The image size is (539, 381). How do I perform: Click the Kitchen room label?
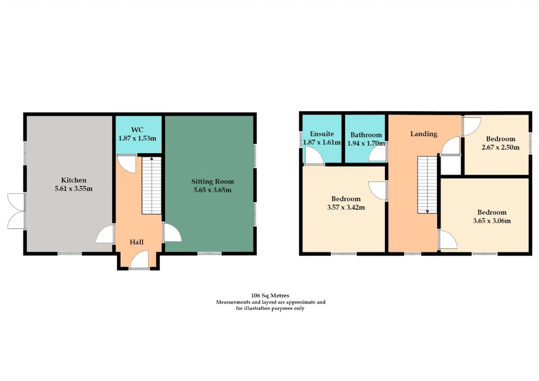(x=74, y=180)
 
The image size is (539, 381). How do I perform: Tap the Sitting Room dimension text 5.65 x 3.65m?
(x=213, y=190)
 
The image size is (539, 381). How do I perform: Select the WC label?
(x=137, y=130)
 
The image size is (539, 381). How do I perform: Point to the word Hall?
(x=137, y=242)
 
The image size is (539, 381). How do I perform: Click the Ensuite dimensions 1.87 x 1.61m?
(x=322, y=142)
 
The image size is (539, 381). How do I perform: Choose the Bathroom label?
(x=366, y=135)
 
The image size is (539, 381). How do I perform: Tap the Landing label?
(x=424, y=134)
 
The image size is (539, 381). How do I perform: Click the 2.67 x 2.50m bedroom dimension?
(x=501, y=147)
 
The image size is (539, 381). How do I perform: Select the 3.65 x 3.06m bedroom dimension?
(x=492, y=221)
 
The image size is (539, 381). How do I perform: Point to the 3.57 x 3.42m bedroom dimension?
(x=346, y=207)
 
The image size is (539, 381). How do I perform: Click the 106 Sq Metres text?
(x=270, y=296)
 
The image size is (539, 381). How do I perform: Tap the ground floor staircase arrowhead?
(x=152, y=159)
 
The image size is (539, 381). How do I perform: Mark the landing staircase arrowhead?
(x=427, y=212)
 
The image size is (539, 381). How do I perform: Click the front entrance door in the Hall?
(x=139, y=260)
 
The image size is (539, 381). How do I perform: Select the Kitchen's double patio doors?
(x=16, y=211)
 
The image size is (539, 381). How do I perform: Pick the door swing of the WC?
(x=127, y=164)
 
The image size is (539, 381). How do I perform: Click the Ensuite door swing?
(x=314, y=156)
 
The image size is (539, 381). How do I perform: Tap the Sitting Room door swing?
(x=172, y=232)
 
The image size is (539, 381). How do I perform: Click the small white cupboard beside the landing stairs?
(x=451, y=165)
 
